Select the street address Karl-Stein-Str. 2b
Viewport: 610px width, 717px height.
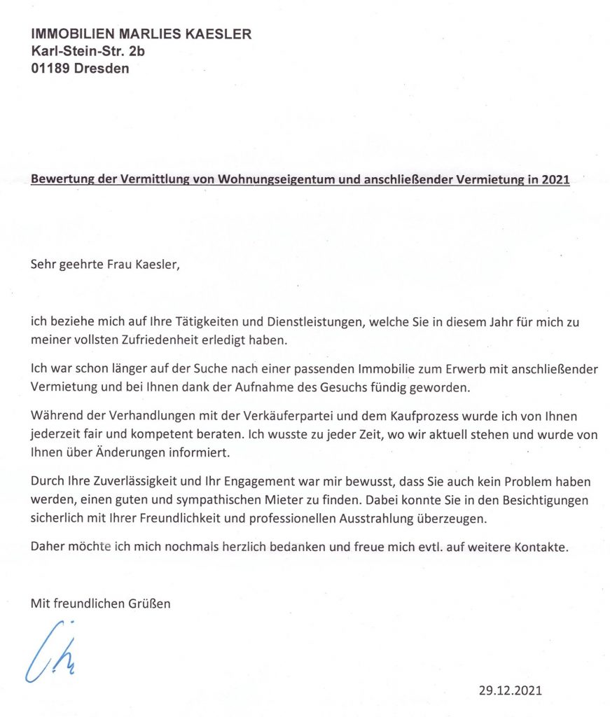click(88, 51)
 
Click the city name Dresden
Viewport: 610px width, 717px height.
click(103, 69)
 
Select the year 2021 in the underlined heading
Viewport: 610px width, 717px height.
click(554, 179)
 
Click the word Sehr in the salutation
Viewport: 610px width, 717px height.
click(42, 265)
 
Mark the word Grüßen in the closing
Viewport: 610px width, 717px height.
click(148, 603)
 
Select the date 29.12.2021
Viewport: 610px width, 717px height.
click(511, 690)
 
